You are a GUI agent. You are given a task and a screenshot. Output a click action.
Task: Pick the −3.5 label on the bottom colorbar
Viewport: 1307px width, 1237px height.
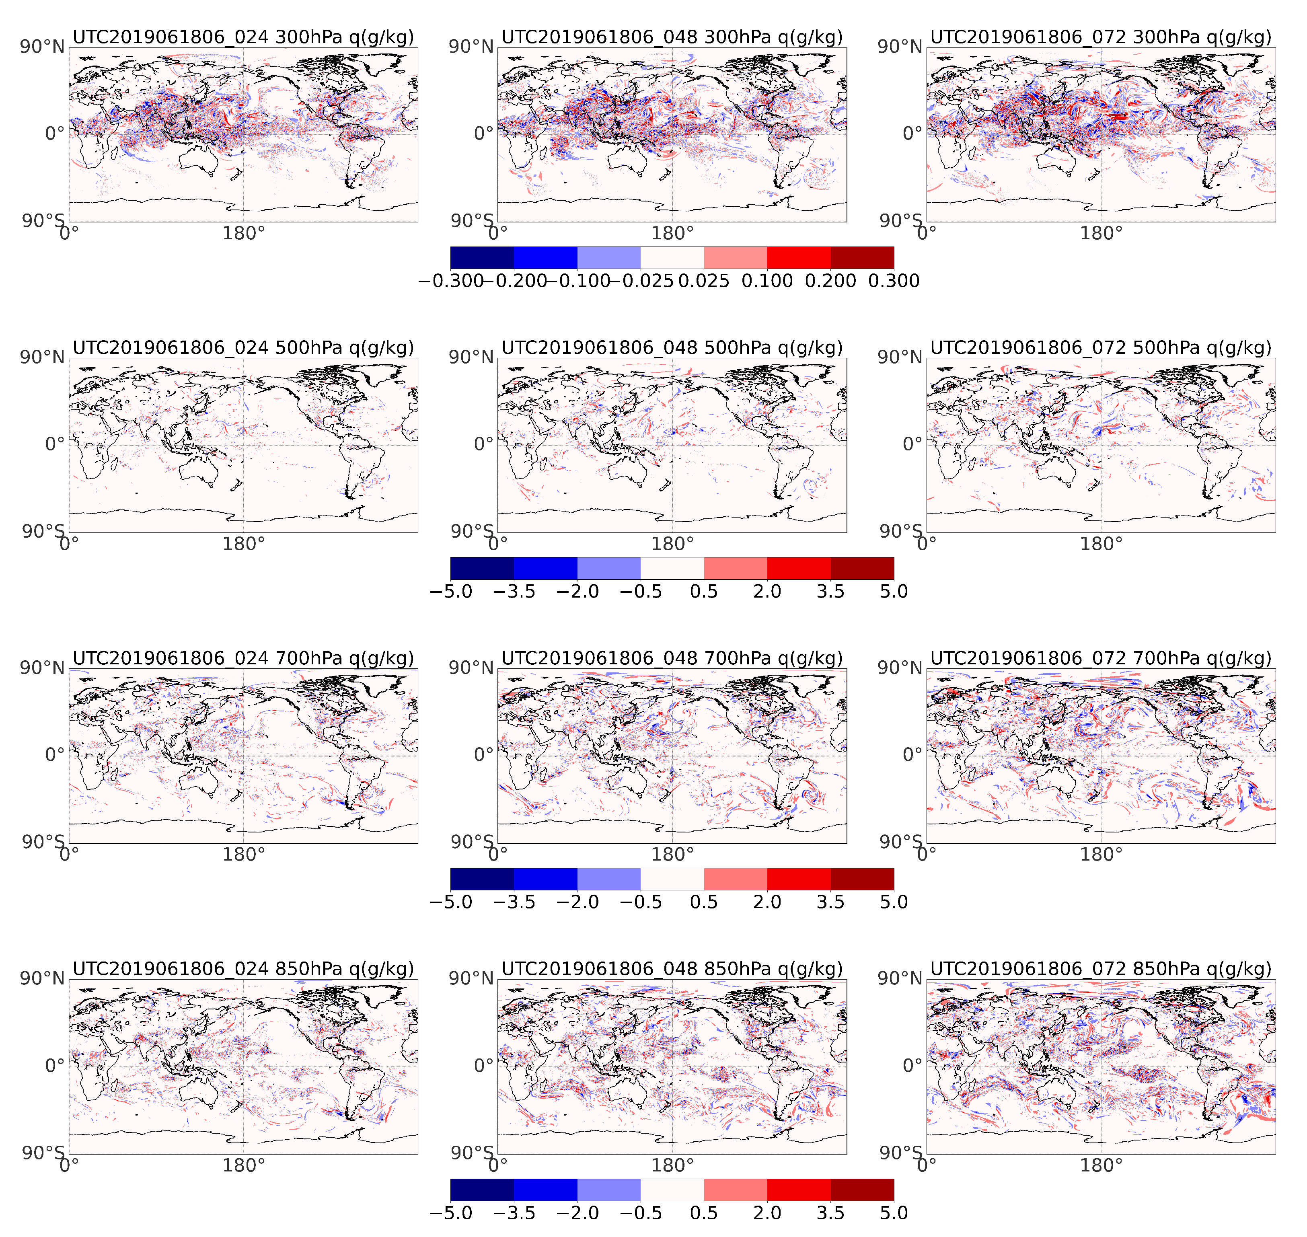(514, 1212)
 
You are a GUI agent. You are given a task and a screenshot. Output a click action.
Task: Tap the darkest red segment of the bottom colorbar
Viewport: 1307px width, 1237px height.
(862, 1190)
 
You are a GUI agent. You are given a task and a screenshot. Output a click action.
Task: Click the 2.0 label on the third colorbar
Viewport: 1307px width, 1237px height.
(767, 902)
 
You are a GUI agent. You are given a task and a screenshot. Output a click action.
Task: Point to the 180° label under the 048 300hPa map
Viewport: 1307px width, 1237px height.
(672, 233)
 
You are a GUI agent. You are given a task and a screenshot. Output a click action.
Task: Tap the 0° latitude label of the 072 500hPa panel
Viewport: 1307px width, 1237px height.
(912, 444)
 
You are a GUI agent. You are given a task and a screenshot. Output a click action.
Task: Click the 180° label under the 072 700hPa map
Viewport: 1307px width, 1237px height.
(1101, 855)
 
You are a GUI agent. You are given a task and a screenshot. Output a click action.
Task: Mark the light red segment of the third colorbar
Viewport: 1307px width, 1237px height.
(735, 879)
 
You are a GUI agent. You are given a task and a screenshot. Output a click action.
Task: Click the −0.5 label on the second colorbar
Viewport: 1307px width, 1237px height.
(640, 592)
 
